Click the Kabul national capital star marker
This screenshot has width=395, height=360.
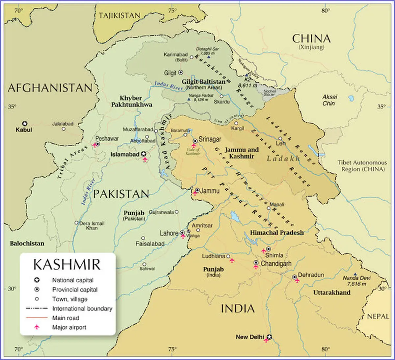click(x=24, y=124)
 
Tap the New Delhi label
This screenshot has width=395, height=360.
click(x=250, y=337)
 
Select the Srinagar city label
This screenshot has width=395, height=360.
click(x=210, y=139)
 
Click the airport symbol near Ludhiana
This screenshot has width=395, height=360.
click(x=232, y=260)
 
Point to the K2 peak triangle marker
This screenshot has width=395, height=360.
click(x=247, y=75)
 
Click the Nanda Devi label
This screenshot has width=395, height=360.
click(x=356, y=278)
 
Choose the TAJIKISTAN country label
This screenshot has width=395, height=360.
click(x=119, y=15)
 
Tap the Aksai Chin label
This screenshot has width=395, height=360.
click(x=329, y=100)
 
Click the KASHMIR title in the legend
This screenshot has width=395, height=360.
click(x=67, y=265)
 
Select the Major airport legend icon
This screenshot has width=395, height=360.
click(x=37, y=327)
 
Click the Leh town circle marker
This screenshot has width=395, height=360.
click(x=280, y=139)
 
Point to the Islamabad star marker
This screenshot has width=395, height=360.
click(x=144, y=154)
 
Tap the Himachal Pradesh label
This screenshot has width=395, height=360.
click(x=277, y=232)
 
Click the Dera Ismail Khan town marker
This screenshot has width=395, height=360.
click(x=76, y=223)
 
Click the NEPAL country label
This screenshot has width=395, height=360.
click(x=378, y=316)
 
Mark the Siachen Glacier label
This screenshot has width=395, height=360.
click(x=269, y=93)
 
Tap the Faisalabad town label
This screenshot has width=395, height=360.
click(x=150, y=244)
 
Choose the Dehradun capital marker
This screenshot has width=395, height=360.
click(x=294, y=277)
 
